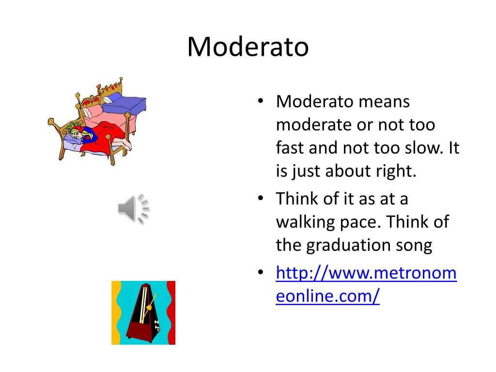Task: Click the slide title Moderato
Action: tap(248, 47)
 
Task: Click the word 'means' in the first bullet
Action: tap(386, 102)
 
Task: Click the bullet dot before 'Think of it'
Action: tap(261, 199)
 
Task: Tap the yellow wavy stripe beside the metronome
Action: tap(116, 312)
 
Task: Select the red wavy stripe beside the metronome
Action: tap(170, 312)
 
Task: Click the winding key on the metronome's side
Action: tap(158, 325)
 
